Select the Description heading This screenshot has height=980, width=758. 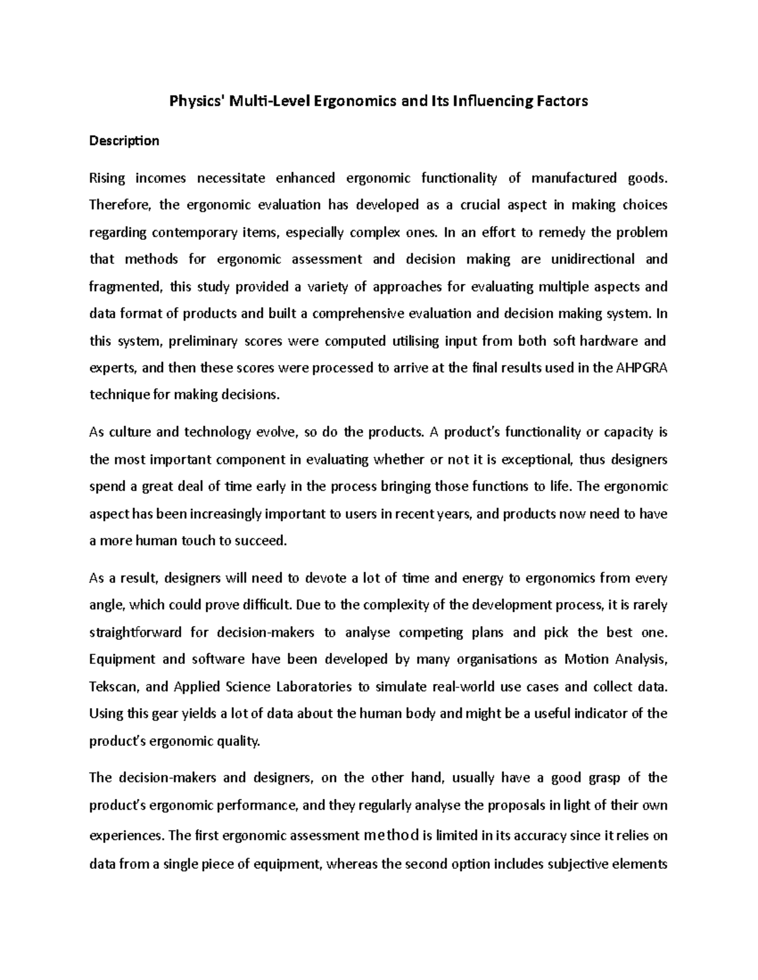124,141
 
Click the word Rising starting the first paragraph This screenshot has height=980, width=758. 107,179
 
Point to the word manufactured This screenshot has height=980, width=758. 574,179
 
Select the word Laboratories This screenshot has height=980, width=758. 313,687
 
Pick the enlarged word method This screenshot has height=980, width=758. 392,835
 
